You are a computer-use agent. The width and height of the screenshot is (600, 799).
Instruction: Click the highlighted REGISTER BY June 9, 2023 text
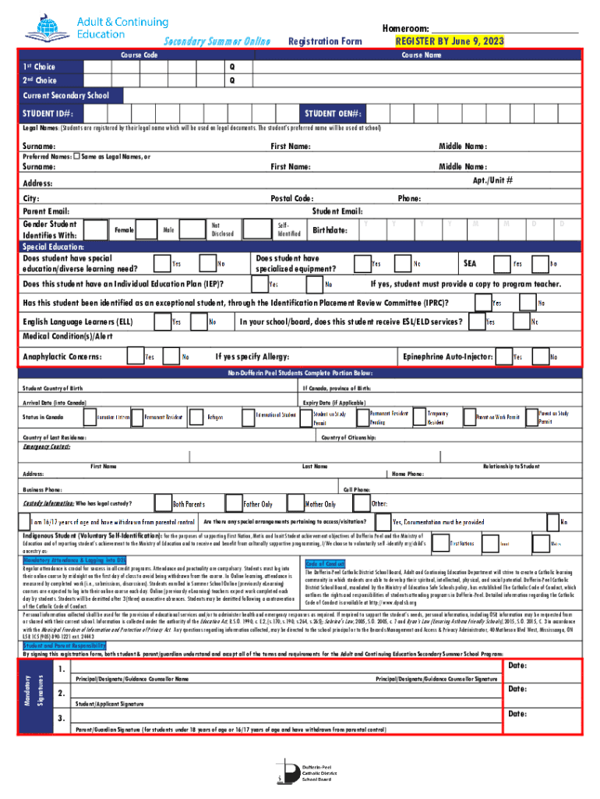(x=450, y=41)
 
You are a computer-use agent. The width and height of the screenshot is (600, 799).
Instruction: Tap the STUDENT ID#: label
(x=48, y=113)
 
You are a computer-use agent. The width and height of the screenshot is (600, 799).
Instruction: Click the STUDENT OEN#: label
(x=334, y=113)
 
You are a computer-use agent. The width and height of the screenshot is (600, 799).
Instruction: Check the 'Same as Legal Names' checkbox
(x=76, y=156)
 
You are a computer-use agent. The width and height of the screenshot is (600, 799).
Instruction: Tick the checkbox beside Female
(x=97, y=229)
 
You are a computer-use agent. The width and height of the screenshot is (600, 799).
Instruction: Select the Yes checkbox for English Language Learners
(x=162, y=321)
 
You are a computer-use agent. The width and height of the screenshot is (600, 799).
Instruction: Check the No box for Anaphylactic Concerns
(x=170, y=357)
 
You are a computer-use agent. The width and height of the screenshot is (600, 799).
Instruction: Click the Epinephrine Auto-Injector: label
(x=447, y=357)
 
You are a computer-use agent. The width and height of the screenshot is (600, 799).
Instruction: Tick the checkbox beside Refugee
(x=195, y=417)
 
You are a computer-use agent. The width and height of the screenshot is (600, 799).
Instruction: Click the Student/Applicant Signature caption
(x=109, y=705)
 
